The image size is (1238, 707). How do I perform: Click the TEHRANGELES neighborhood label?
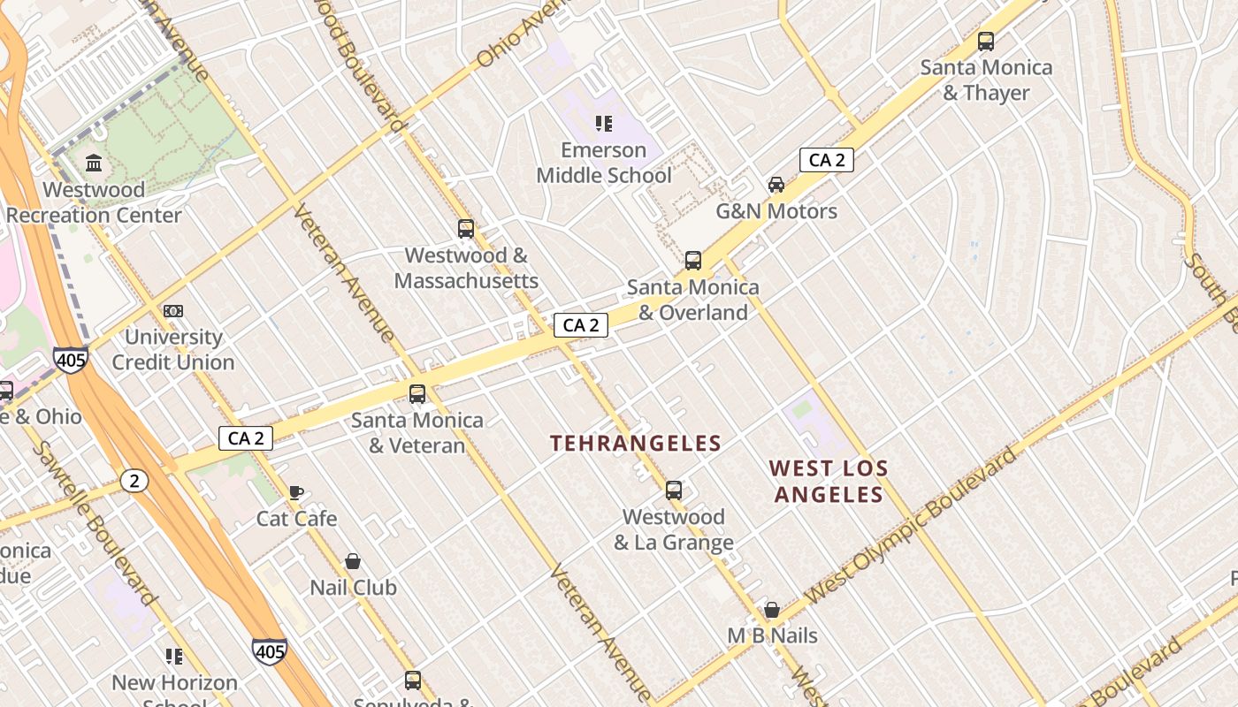pos(636,443)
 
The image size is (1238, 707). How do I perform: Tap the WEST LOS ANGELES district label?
pos(829,482)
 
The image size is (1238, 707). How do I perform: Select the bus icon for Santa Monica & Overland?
pos(693,261)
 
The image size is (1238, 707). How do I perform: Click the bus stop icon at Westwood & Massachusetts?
pos(466,229)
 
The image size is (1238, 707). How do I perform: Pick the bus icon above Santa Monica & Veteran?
pos(417,394)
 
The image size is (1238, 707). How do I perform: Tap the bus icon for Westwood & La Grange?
pos(674,490)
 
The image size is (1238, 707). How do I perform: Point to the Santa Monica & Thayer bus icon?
pos(986,42)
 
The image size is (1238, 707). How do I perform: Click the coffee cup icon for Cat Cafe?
pos(296,492)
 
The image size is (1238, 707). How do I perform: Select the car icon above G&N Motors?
pos(776,185)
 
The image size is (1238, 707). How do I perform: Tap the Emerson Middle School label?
pos(604,163)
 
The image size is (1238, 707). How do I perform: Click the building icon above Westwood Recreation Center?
pos(94,163)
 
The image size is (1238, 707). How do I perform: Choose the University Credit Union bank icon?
pos(173,311)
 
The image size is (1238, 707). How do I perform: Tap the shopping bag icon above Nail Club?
pos(353,561)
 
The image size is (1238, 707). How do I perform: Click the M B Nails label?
pos(772,635)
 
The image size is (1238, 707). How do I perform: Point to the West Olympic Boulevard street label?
pos(912,525)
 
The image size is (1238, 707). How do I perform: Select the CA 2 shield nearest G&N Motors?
pos(826,160)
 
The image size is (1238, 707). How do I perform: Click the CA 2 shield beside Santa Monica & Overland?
pos(581,325)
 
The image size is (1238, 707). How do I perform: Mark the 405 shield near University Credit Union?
pos(70,360)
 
